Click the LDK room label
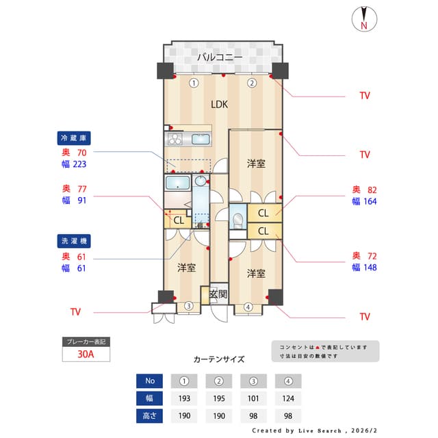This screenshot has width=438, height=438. point(219,105)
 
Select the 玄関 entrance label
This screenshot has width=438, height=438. point(218,294)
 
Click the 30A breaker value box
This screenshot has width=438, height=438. point(86,355)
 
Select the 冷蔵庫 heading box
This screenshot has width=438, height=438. point(76,137)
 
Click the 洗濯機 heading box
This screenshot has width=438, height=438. point(76,242)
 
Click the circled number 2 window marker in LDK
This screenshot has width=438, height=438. point(252,83)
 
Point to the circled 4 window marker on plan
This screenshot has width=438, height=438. point(248,307)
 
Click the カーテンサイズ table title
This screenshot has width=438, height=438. point(218,359)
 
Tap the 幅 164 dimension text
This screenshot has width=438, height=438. point(364,201)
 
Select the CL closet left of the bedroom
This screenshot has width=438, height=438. point(177,220)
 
